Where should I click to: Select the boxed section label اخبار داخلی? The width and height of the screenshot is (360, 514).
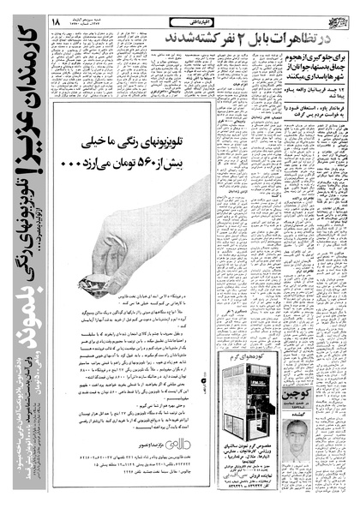pyautogui.click(x=183, y=16)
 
